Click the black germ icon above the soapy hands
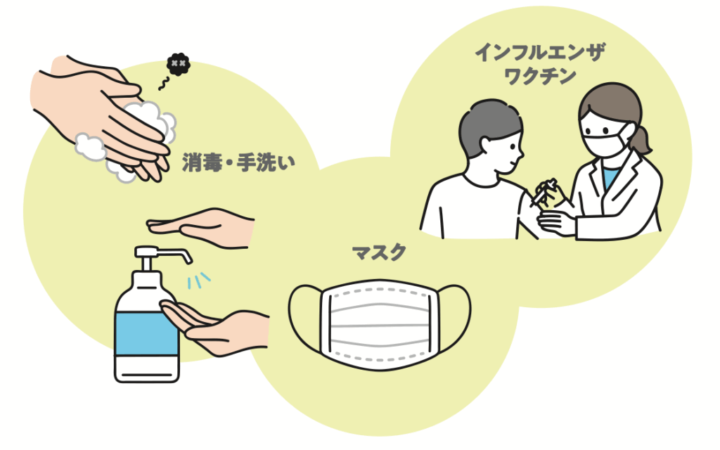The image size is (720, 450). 178,65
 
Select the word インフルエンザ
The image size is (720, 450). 539,52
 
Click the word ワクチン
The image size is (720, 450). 540,76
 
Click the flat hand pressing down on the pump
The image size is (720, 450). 204,226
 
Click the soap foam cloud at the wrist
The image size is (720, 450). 90,146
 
